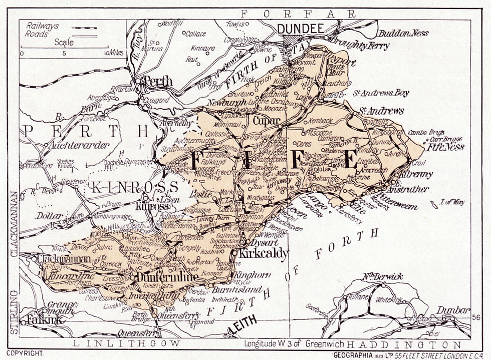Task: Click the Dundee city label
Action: coord(301,29)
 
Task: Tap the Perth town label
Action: coord(157,82)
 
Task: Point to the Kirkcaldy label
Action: coord(264,253)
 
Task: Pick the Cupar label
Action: coord(266,121)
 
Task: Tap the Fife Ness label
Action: coord(445,147)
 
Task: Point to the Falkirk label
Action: coord(39,319)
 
